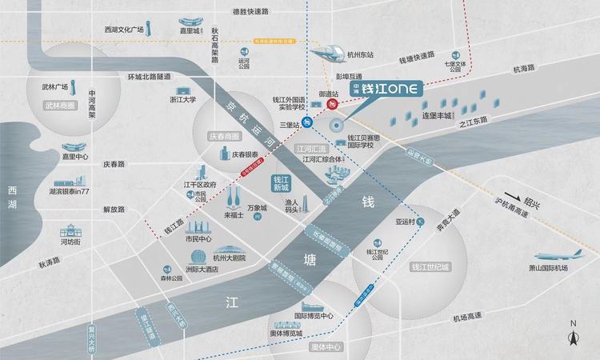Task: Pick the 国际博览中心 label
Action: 314,316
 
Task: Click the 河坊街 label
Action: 70,241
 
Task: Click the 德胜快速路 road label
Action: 248,11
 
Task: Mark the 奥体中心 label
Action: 326,347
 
